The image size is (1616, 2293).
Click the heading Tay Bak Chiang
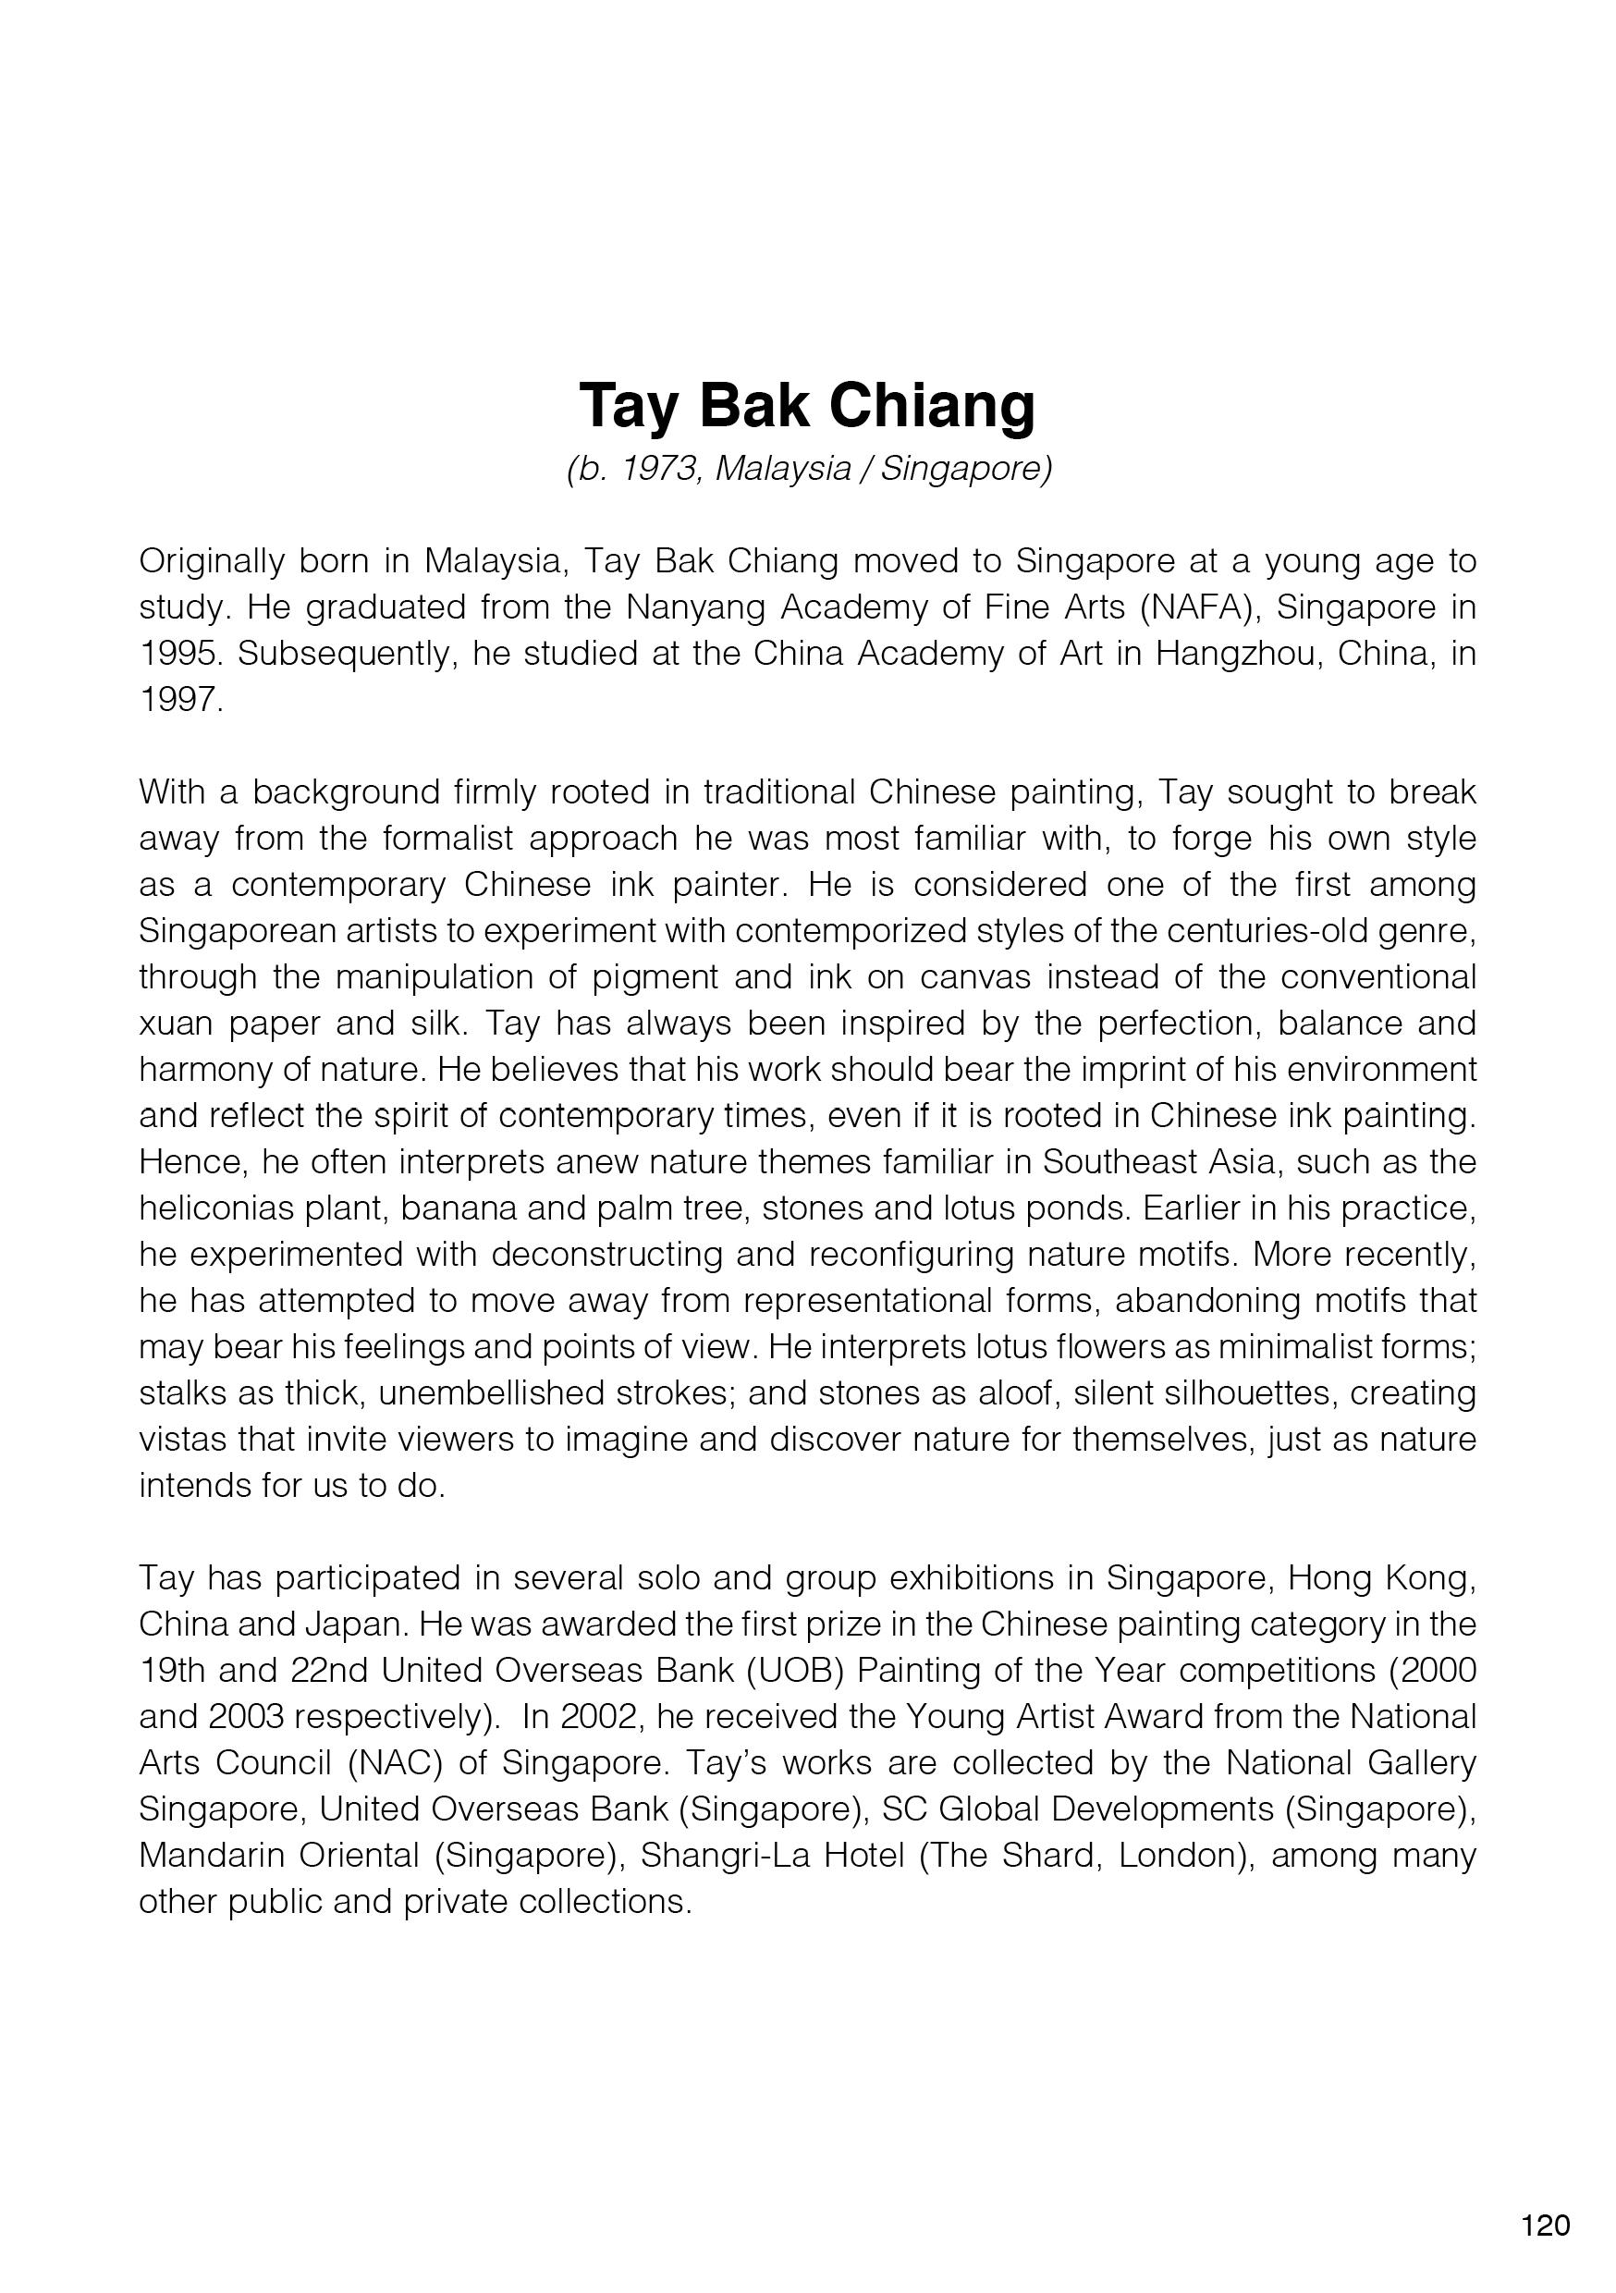(807, 406)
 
